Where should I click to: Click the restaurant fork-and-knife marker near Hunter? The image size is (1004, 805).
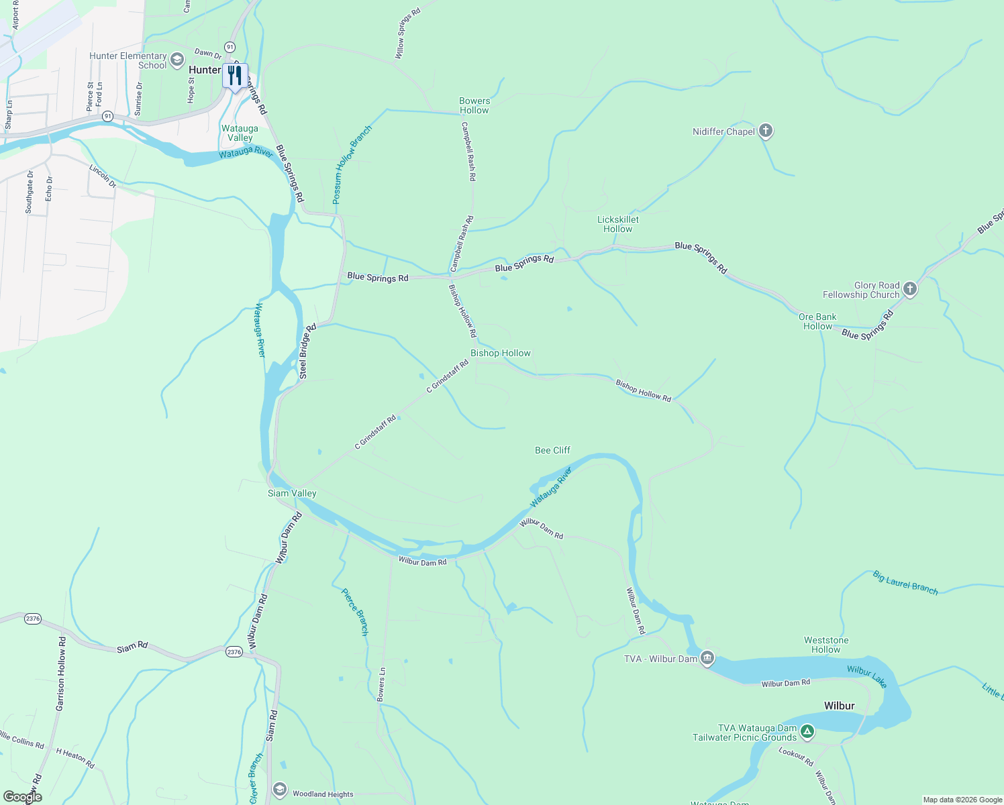[x=235, y=75]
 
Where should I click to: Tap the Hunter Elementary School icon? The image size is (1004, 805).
[x=177, y=60]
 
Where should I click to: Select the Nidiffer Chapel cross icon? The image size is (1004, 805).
[x=766, y=131]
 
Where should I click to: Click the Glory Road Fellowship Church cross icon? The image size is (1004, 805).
[x=910, y=289]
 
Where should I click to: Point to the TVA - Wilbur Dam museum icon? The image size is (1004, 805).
[x=707, y=658]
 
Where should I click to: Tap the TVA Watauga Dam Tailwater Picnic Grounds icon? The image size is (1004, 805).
[x=807, y=732]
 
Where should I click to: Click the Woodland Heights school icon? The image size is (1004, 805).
[x=280, y=789]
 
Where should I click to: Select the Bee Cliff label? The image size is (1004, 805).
[x=552, y=450]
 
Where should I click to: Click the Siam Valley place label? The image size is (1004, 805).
[x=292, y=493]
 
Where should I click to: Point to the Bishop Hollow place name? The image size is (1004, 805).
[x=500, y=353]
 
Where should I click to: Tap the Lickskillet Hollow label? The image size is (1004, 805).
[x=618, y=224]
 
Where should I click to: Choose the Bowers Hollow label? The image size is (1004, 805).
[x=474, y=105]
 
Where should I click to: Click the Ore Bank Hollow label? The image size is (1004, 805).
[x=817, y=321]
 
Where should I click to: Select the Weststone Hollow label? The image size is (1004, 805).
[x=826, y=645]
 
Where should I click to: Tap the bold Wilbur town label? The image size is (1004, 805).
[x=839, y=706]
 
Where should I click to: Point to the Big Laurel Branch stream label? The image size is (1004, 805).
[x=905, y=582]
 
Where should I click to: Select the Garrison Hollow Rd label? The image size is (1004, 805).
[x=61, y=674]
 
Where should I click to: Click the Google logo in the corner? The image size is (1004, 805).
[x=23, y=797]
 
